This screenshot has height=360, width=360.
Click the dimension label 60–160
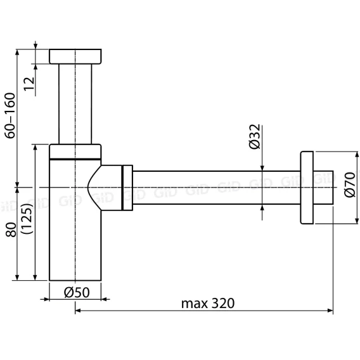pyautogui.click(x=10, y=115)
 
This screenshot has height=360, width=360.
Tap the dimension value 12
pyautogui.click(x=29, y=84)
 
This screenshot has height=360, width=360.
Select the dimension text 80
pyautogui.click(x=11, y=230)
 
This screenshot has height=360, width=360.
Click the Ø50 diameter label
pyautogui.click(x=77, y=293)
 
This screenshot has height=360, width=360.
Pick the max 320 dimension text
pyautogui.click(x=208, y=304)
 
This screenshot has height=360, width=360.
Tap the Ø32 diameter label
pyautogui.click(x=255, y=137)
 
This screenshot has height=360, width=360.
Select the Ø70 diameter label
pyautogui.click(x=350, y=184)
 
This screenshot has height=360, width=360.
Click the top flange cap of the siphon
pyautogui.click(x=75, y=56)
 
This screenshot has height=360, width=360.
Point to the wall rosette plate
pyautogui.click(x=307, y=188)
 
